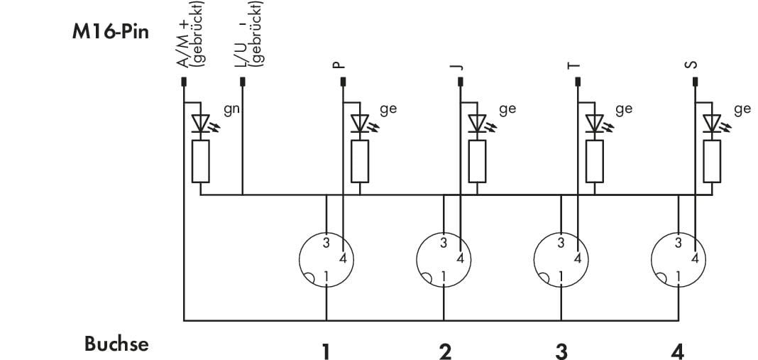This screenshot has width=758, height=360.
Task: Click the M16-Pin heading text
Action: pyautogui.click(x=111, y=33)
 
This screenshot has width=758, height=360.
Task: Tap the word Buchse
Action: pyautogui.click(x=116, y=344)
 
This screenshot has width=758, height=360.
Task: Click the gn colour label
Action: pyautogui.click(x=231, y=109)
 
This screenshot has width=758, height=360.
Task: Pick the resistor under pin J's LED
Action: pyautogui.click(x=477, y=162)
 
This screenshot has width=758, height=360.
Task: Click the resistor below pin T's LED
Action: pyautogui.click(x=595, y=162)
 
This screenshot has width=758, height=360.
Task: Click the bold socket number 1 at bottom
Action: pyautogui.click(x=326, y=351)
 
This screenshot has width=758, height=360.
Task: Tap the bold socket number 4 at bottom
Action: pyautogui.click(x=679, y=351)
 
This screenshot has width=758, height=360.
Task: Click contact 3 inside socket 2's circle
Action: pyautogui.click(x=444, y=242)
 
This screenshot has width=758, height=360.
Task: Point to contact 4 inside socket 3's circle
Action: pyautogui.click(x=577, y=258)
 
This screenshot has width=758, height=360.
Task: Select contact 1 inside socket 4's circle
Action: pyautogui.click(x=679, y=276)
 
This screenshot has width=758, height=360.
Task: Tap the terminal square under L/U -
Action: pyautogui.click(x=243, y=82)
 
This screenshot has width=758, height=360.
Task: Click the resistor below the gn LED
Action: pyautogui.click(x=201, y=162)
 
